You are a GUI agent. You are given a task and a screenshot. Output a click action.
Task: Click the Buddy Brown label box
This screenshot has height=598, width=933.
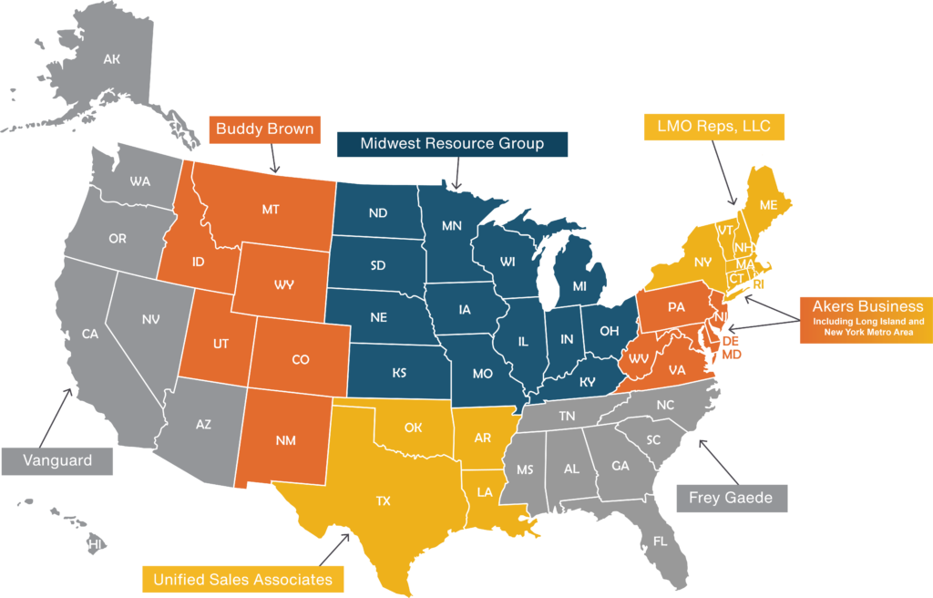coord(264,129)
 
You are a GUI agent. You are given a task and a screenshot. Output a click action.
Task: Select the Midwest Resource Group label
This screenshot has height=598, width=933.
coord(452,144)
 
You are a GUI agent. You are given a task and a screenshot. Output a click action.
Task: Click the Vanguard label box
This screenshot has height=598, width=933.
coord(57,460)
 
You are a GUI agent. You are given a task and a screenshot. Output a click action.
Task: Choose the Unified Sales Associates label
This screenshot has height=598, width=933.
coord(242,579)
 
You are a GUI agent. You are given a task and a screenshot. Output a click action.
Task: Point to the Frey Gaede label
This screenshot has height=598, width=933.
coord(731,498)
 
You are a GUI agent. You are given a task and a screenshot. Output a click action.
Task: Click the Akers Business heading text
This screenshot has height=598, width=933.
coord(867,306)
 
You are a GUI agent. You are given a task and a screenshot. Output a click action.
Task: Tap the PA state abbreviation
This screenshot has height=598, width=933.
coord(676,307)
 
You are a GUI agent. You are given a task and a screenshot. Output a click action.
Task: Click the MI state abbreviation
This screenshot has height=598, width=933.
coord(579,286)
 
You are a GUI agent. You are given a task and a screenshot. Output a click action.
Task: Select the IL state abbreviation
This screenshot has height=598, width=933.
coord(523,342)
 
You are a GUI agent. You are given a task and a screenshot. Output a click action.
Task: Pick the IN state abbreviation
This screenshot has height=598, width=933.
coord(567,339)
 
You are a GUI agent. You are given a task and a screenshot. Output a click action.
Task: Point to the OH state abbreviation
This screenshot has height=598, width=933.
coord(609,331)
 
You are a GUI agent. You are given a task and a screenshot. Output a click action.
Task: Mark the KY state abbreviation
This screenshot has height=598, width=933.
coord(588,382)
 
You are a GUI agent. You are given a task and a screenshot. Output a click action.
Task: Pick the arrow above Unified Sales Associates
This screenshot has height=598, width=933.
coord(330,549)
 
